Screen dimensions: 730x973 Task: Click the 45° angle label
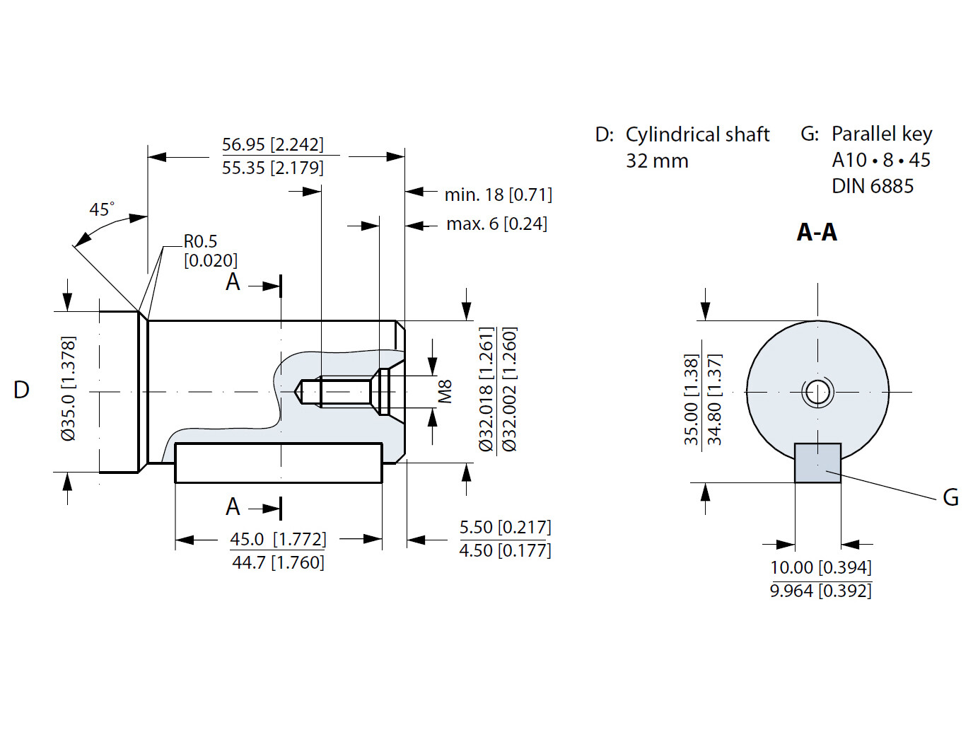tap(101, 209)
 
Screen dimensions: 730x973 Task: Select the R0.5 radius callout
tap(201, 242)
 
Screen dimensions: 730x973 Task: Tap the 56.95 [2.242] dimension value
tap(272, 144)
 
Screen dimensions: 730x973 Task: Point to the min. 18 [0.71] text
tap(498, 195)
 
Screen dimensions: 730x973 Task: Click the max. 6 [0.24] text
tap(496, 224)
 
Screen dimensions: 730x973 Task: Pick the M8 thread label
tap(445, 391)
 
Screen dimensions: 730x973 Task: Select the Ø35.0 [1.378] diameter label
tap(69, 388)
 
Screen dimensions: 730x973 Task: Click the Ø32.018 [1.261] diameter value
tap(486, 389)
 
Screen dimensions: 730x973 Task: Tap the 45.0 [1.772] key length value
tap(278, 539)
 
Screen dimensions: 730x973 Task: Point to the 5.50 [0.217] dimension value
tap(505, 527)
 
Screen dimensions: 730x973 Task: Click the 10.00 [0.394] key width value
tap(820, 567)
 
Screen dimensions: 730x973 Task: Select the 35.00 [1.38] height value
tap(692, 400)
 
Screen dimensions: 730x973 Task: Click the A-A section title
tap(817, 232)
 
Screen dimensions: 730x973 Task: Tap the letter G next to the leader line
tap(951, 498)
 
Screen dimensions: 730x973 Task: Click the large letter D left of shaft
tap(21, 390)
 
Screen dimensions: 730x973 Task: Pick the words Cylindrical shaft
tap(697, 134)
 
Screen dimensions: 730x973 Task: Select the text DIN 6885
tap(873, 186)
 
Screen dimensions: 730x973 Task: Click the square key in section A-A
tap(817, 463)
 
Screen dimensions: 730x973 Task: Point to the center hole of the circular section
tap(817, 391)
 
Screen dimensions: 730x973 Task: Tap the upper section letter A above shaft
tap(233, 282)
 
